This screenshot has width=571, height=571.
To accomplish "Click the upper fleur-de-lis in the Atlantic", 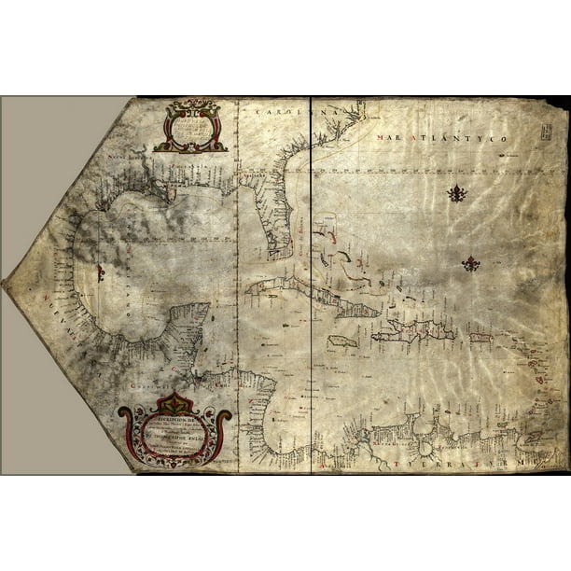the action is (x=456, y=194).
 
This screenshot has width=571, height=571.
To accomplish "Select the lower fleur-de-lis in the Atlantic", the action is (x=471, y=264).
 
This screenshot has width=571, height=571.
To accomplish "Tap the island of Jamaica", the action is (x=342, y=341).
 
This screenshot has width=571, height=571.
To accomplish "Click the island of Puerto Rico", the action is (x=480, y=337).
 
